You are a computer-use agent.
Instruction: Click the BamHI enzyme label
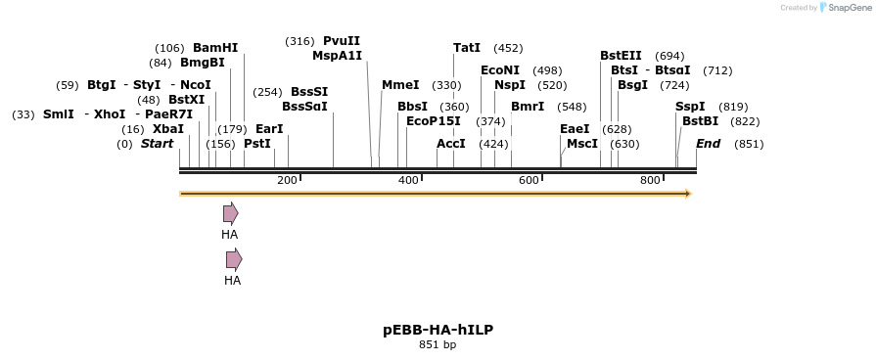coord(215,48)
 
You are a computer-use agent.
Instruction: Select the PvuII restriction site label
coord(342,41)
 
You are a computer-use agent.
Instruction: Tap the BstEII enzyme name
coord(621,56)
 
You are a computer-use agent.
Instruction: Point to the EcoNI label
coord(500,70)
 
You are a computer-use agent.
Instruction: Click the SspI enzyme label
coord(690,107)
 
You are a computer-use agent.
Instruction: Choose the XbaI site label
coord(167,129)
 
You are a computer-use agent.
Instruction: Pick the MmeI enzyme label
coord(400,85)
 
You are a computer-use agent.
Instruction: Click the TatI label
coord(467,48)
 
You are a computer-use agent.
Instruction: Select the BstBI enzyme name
coord(700,121)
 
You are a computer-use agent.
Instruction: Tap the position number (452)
coord(508,48)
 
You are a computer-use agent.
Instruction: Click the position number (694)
coord(669,56)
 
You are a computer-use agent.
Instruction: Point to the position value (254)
coord(267,92)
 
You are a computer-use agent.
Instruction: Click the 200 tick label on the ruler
coord(287,180)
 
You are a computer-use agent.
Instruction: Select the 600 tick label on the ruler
coord(529,180)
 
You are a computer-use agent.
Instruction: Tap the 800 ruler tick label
coord(650,180)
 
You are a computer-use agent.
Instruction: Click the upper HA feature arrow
coord(230,213)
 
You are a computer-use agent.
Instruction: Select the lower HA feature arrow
coord(233,259)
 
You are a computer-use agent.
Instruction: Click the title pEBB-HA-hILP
coord(438,330)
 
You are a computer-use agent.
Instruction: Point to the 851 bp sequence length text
coord(438,344)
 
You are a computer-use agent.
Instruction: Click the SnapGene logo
coord(842,8)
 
